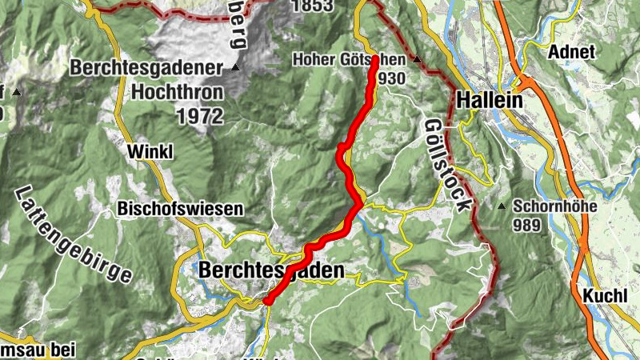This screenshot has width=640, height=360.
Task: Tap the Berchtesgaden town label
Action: tap(272, 270)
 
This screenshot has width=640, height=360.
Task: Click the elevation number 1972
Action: tap(199, 116)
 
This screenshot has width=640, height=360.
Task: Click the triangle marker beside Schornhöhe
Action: tap(502, 206)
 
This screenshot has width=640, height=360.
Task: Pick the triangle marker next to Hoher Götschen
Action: tap(416, 59)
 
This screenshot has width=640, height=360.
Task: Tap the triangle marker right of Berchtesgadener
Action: tap(235, 68)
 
